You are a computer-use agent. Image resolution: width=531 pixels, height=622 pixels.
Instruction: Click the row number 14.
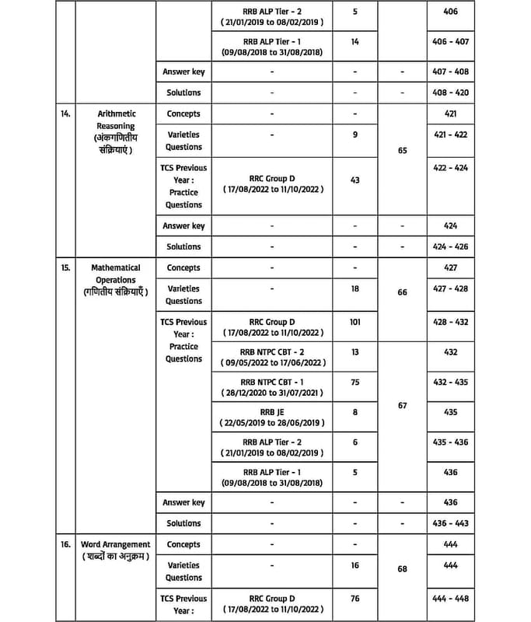pos(66,114)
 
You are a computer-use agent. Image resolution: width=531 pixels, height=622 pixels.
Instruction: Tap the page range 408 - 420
pos(452,93)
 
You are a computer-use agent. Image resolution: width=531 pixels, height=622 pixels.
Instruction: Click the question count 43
pos(355,180)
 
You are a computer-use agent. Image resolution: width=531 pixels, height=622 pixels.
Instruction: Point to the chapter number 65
pos(402,151)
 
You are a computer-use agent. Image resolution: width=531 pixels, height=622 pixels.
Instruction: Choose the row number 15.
pos(66,267)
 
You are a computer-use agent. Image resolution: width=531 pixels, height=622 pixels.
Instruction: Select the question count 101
pos(355,321)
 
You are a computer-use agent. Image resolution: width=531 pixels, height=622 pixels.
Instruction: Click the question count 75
pos(355,382)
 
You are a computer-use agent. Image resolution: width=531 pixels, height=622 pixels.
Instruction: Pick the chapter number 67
pos(402,405)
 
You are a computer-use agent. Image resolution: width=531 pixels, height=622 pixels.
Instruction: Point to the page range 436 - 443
pos(452,523)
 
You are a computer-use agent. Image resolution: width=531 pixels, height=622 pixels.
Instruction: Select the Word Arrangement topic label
pos(115,544)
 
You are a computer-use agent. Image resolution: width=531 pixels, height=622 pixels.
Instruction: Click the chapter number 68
pos(402,568)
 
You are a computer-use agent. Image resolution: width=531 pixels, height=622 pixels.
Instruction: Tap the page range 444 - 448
pos(452,599)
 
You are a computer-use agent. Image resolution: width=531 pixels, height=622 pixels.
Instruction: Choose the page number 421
pos(452,114)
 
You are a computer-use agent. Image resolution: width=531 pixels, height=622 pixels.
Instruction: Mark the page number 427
pos(452,267)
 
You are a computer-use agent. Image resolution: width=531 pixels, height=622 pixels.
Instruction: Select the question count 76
pos(355,599)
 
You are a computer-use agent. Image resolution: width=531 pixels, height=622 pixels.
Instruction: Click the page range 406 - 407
pos(452,41)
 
